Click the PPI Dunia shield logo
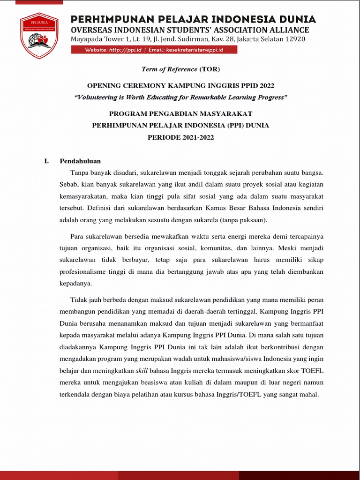tap(39, 36)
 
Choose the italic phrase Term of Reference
tap(169, 69)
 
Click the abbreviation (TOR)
tap(210, 69)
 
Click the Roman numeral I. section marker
tap(46, 161)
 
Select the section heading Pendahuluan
tap(80, 161)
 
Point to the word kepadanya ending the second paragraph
tap(75, 284)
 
